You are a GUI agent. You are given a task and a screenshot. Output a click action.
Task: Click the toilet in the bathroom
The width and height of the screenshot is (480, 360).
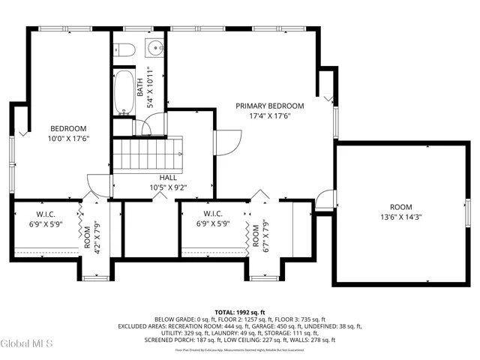point(124,50)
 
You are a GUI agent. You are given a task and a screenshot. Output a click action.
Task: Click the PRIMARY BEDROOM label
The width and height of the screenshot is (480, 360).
point(269,106)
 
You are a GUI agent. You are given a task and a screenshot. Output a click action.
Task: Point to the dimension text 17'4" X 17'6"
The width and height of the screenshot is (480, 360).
point(269,116)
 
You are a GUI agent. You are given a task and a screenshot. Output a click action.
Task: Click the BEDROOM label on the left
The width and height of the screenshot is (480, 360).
point(67,128)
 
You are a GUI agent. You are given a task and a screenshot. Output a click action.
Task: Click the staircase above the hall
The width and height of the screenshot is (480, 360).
point(148,153)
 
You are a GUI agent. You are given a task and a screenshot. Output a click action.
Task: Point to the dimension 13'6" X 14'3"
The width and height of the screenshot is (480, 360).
point(400,218)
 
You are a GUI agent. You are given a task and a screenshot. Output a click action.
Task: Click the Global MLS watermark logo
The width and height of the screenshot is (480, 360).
point(27,344)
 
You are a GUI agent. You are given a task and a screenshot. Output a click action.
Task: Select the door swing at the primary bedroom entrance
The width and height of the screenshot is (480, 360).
point(227,140)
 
